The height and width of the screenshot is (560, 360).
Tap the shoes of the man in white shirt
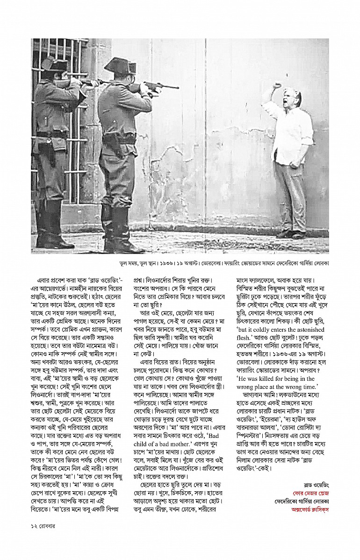[291, 234]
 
